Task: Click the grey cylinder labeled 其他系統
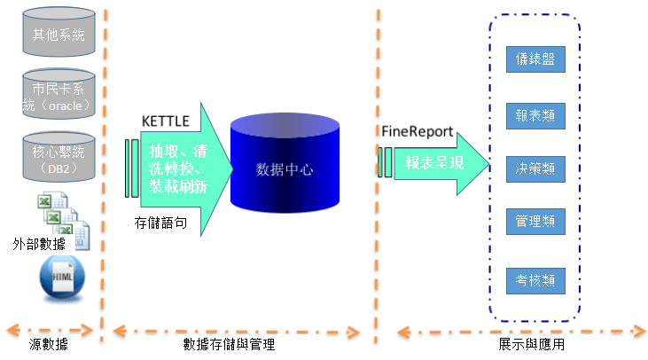pos(59,31)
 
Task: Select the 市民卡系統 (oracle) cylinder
pos(59,94)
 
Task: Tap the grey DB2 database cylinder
pos(59,157)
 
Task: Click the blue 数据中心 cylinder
pos(285,163)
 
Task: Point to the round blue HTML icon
pos(62,278)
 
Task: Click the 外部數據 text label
pos(39,244)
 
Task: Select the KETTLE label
pos(165,121)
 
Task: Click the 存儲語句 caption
pos(160,223)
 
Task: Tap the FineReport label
pos(418,131)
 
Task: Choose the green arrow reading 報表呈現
pos(441,164)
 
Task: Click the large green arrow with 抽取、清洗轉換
pos(186,169)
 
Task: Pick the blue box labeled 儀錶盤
pos(535,59)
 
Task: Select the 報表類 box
pos(535,116)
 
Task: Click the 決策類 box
pos(535,169)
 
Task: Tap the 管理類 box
pos(535,222)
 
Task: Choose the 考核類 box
pos(535,281)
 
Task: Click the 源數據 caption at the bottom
pos(49,344)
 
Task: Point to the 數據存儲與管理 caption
pos(229,344)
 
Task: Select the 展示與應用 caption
pos(532,344)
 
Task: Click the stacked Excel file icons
pos(63,220)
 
